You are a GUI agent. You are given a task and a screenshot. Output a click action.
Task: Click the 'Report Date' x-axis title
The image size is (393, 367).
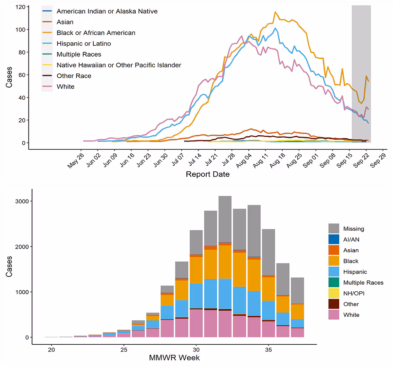click(x=208, y=174)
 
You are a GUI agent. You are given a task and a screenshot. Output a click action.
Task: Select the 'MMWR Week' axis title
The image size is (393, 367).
click(x=174, y=357)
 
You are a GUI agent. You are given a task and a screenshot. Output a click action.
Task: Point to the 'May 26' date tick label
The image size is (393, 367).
click(x=76, y=161)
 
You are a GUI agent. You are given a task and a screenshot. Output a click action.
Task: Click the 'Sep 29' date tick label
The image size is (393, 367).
click(x=378, y=161)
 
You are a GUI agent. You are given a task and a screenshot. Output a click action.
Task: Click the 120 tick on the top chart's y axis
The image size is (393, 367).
click(x=20, y=7)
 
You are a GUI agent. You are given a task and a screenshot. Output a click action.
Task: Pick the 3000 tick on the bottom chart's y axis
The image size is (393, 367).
click(x=22, y=201)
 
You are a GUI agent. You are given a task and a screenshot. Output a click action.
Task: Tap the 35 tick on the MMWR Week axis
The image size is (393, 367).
click(x=268, y=350)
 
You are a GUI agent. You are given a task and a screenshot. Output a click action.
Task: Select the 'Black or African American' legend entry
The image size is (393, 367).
click(x=96, y=33)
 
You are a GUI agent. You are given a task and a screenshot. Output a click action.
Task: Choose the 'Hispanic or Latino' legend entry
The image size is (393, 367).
click(x=84, y=44)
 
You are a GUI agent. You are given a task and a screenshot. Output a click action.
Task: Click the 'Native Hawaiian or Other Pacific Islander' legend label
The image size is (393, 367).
click(x=119, y=65)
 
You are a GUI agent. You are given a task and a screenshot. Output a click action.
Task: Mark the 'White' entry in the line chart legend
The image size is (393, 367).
click(x=65, y=87)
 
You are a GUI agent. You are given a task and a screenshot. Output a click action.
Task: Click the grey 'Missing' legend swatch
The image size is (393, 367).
click(x=334, y=229)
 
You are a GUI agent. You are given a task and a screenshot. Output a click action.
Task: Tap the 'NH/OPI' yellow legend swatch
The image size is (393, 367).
click(x=334, y=293)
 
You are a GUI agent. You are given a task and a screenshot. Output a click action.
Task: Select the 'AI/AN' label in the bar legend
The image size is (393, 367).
click(x=351, y=240)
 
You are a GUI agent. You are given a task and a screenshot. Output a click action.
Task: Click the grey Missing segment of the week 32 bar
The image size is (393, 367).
click(x=225, y=219)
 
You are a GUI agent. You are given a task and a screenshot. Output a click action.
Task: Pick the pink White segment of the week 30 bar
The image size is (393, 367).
click(x=196, y=323)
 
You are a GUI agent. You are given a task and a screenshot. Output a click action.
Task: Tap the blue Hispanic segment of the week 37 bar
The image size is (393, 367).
click(x=297, y=323)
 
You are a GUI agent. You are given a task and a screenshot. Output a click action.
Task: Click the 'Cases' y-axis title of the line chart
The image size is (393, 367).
click(x=9, y=77)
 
